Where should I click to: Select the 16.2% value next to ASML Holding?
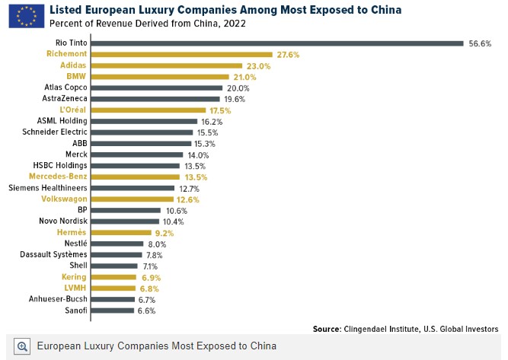tap(212, 121)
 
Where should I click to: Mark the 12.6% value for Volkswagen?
tap(187, 199)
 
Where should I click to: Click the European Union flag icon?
tap(26, 14)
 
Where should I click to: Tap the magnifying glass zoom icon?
tap(22, 346)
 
